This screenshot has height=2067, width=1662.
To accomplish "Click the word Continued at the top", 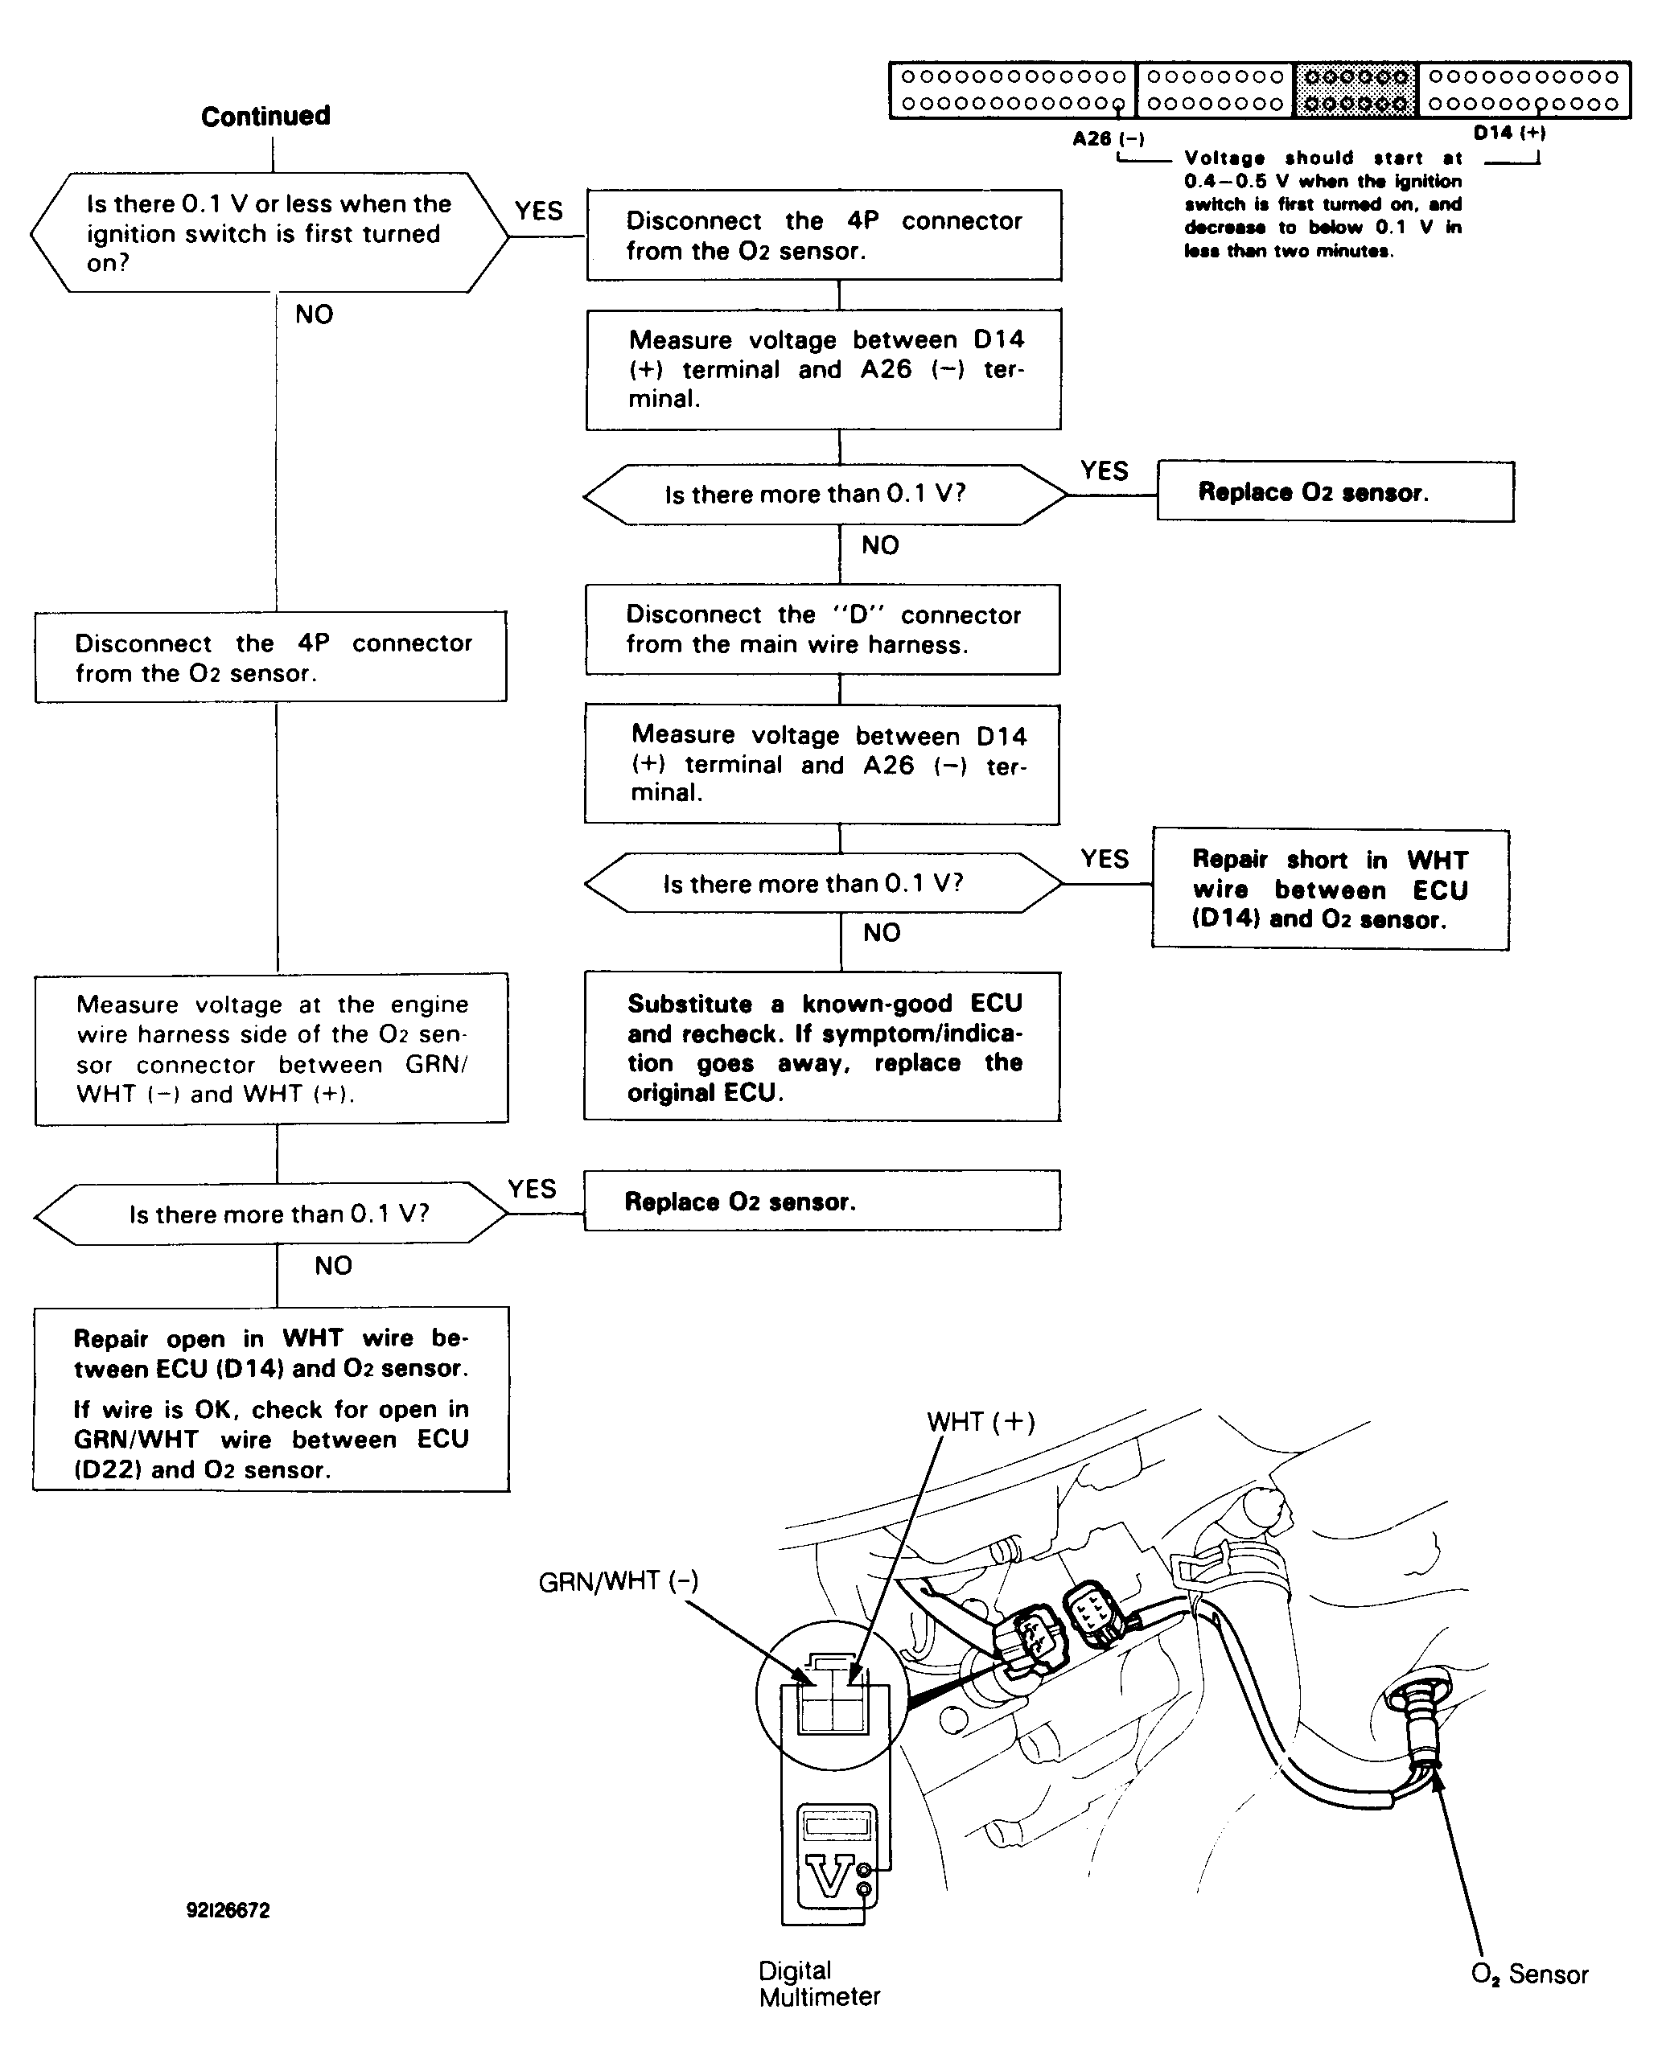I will click(x=265, y=116).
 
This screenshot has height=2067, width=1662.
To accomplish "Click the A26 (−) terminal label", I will click(x=1108, y=139).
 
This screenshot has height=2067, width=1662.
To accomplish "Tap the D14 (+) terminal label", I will click(x=1508, y=134).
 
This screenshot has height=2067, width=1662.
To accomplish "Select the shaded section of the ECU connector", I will click(x=1356, y=90).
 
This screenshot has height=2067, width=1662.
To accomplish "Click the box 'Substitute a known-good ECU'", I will click(x=822, y=1047).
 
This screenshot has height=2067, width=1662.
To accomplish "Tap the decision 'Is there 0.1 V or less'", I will click(x=269, y=233).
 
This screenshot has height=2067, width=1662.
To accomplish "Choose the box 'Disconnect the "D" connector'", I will click(x=823, y=630).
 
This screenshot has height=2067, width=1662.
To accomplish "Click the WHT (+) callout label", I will click(x=980, y=1422).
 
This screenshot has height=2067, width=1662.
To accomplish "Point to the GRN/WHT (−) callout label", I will click(x=619, y=1582).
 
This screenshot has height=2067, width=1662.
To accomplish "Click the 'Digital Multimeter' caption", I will click(x=818, y=1983).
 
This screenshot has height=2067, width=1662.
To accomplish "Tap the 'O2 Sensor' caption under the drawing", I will click(x=1528, y=1975).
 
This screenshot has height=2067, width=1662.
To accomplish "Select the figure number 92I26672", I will click(x=228, y=1911).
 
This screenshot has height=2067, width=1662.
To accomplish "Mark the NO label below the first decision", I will click(x=314, y=314).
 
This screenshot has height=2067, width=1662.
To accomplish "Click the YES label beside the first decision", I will click(x=538, y=211).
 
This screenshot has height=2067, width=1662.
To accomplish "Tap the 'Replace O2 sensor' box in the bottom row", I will click(x=822, y=1202).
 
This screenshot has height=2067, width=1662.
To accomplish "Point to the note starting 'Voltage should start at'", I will click(x=1323, y=204).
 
